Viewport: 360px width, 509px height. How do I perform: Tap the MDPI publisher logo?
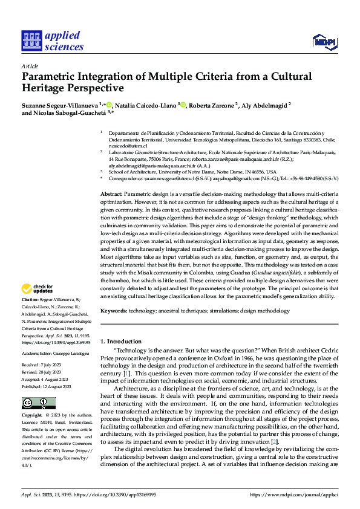(x=324, y=41)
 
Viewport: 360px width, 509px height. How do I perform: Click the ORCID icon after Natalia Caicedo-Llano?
(x=183, y=105)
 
